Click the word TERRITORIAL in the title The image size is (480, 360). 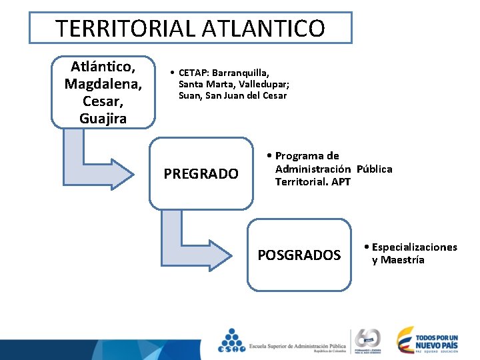coord(124,29)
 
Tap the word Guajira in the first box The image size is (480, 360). coord(103,119)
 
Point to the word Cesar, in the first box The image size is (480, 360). coord(103,101)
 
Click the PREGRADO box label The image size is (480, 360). coord(201,174)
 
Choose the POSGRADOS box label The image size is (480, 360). coord(299,255)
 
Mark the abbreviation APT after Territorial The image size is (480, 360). coord(341,181)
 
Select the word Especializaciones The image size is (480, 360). coord(414,247)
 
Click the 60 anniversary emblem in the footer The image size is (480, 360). coord(368,340)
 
